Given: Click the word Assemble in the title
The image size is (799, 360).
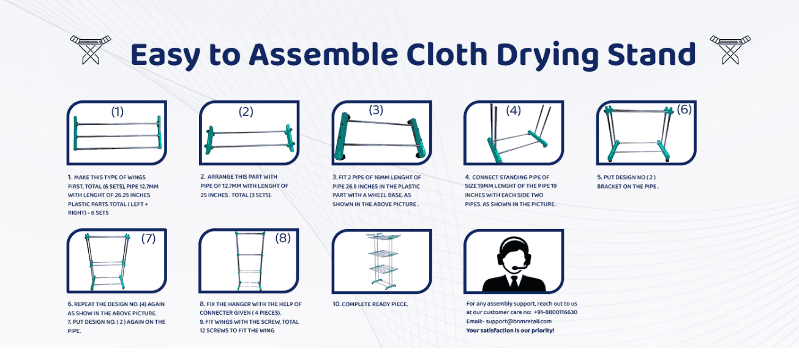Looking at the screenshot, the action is tap(323, 54).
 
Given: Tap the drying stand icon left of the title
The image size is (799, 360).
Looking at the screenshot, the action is tap(90, 50).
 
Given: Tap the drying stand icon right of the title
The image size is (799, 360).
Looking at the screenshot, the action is tap(730, 50).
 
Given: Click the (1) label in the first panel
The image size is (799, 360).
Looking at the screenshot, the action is tap(118, 111).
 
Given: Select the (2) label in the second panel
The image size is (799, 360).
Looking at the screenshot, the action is tap(246, 111).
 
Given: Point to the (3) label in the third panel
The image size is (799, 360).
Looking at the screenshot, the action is tap(376, 110).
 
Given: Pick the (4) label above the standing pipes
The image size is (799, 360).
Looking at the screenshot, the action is tap(513, 111).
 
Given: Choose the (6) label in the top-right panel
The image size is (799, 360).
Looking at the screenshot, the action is tap(684, 109).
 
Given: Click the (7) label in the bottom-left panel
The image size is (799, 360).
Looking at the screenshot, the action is tap(148, 238).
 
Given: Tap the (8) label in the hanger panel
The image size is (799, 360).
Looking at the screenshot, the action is tap(283, 238).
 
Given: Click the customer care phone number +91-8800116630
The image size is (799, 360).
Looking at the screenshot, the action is tap(555, 312).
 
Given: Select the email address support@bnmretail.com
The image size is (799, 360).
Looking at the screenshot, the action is tap(519, 321).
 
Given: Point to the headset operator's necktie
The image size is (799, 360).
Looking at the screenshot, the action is tap(514, 282).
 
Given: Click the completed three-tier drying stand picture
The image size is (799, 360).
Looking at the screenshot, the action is tap(383, 261).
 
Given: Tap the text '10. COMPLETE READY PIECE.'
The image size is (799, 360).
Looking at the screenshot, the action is tap(370, 304).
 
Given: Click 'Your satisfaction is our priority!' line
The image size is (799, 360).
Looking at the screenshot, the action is tap(510, 331).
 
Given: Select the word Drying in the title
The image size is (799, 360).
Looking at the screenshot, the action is tap(547, 56).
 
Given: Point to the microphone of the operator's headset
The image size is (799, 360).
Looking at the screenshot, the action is tap(519, 267).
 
